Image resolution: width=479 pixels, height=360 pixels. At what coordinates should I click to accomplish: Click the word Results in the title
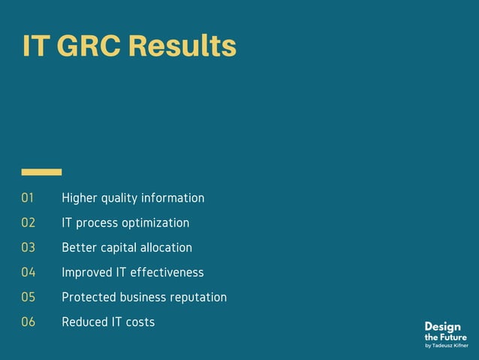tap(182, 46)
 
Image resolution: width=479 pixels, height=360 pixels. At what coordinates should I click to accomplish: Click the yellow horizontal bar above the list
tap(41, 172)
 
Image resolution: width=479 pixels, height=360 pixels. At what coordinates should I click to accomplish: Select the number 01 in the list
tap(29, 198)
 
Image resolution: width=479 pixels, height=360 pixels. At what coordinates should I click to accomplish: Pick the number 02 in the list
tap(29, 223)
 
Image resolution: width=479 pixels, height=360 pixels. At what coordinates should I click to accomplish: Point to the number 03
tap(29, 248)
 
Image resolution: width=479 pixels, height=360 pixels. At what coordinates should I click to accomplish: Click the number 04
tap(29, 273)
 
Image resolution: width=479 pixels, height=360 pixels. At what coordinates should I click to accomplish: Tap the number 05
tap(29, 298)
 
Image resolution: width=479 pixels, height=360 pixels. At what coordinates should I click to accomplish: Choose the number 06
tap(29, 322)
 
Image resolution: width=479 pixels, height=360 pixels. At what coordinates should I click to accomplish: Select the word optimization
tap(154, 223)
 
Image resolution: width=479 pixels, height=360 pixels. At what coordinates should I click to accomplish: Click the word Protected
tap(89, 298)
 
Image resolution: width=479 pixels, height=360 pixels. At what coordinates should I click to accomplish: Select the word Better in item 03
tap(79, 248)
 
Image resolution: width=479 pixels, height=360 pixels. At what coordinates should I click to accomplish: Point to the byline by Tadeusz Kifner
tap(446, 346)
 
